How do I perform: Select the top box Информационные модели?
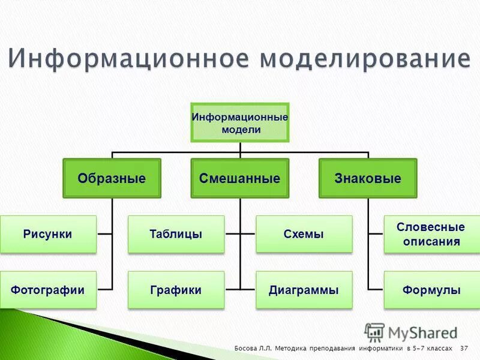tap(240, 122)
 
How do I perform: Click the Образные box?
tap(112, 178)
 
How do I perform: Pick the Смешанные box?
tap(240, 178)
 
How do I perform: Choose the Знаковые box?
tap(368, 178)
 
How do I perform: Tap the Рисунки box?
tap(48, 234)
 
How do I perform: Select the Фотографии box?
tap(48, 290)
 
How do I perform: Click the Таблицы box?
tap(176, 234)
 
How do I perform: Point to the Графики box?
tap(176, 290)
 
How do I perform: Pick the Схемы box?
tap(304, 234)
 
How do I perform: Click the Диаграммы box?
tap(304, 290)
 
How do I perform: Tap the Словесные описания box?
tap(431, 235)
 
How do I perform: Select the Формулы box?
tap(431, 290)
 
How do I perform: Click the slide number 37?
tap(464, 349)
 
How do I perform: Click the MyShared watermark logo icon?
tap(374, 332)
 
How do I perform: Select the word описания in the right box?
tap(431, 242)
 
